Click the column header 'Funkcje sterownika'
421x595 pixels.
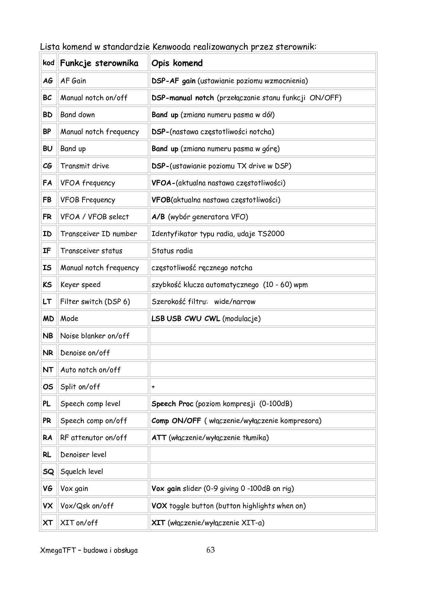(x=99, y=63)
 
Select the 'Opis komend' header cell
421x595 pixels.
(x=177, y=63)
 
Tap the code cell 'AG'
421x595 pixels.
(x=48, y=81)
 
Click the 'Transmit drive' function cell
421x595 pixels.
(x=85, y=166)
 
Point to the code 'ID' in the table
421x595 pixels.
(x=47, y=234)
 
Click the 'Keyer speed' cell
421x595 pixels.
(x=80, y=285)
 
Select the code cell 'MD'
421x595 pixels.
(x=48, y=319)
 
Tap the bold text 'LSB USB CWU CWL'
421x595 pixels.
(x=186, y=319)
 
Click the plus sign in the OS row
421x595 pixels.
(x=153, y=387)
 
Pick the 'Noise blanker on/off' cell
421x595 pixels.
(x=95, y=336)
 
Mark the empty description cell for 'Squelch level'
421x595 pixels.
(x=262, y=472)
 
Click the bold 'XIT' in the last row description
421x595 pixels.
(x=158, y=523)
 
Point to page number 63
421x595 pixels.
(x=210, y=550)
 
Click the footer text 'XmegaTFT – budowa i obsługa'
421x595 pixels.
(x=89, y=551)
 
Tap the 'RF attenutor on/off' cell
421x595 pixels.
(x=93, y=438)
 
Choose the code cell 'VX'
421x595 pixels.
(x=48, y=506)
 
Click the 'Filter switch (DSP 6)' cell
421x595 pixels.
(x=95, y=302)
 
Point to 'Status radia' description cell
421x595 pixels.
(x=172, y=251)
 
